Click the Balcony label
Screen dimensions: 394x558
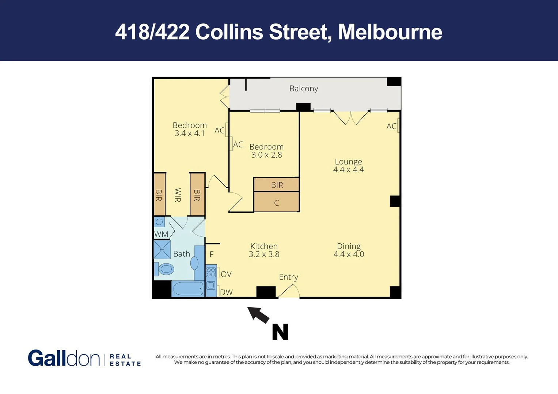(x=303, y=89)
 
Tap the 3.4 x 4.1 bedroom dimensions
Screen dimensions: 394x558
(x=189, y=134)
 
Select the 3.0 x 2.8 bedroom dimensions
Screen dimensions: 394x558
(x=266, y=155)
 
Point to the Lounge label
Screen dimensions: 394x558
(x=348, y=162)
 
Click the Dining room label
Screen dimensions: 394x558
(x=349, y=246)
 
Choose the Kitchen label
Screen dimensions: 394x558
(x=264, y=246)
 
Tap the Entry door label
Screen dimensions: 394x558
(x=288, y=277)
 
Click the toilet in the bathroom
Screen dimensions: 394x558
(x=165, y=269)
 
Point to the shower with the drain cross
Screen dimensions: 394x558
(x=162, y=250)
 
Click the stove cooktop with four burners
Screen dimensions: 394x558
(x=211, y=272)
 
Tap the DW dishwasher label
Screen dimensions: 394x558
(x=226, y=293)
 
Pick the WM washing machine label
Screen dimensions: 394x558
(x=161, y=234)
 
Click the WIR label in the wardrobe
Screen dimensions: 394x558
(x=178, y=195)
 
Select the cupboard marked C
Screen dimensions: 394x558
(x=276, y=203)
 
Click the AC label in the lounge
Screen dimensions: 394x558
(x=391, y=126)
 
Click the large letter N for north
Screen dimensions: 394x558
(x=280, y=332)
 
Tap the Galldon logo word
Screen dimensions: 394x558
(x=64, y=358)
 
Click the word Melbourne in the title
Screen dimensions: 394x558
(x=390, y=32)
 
